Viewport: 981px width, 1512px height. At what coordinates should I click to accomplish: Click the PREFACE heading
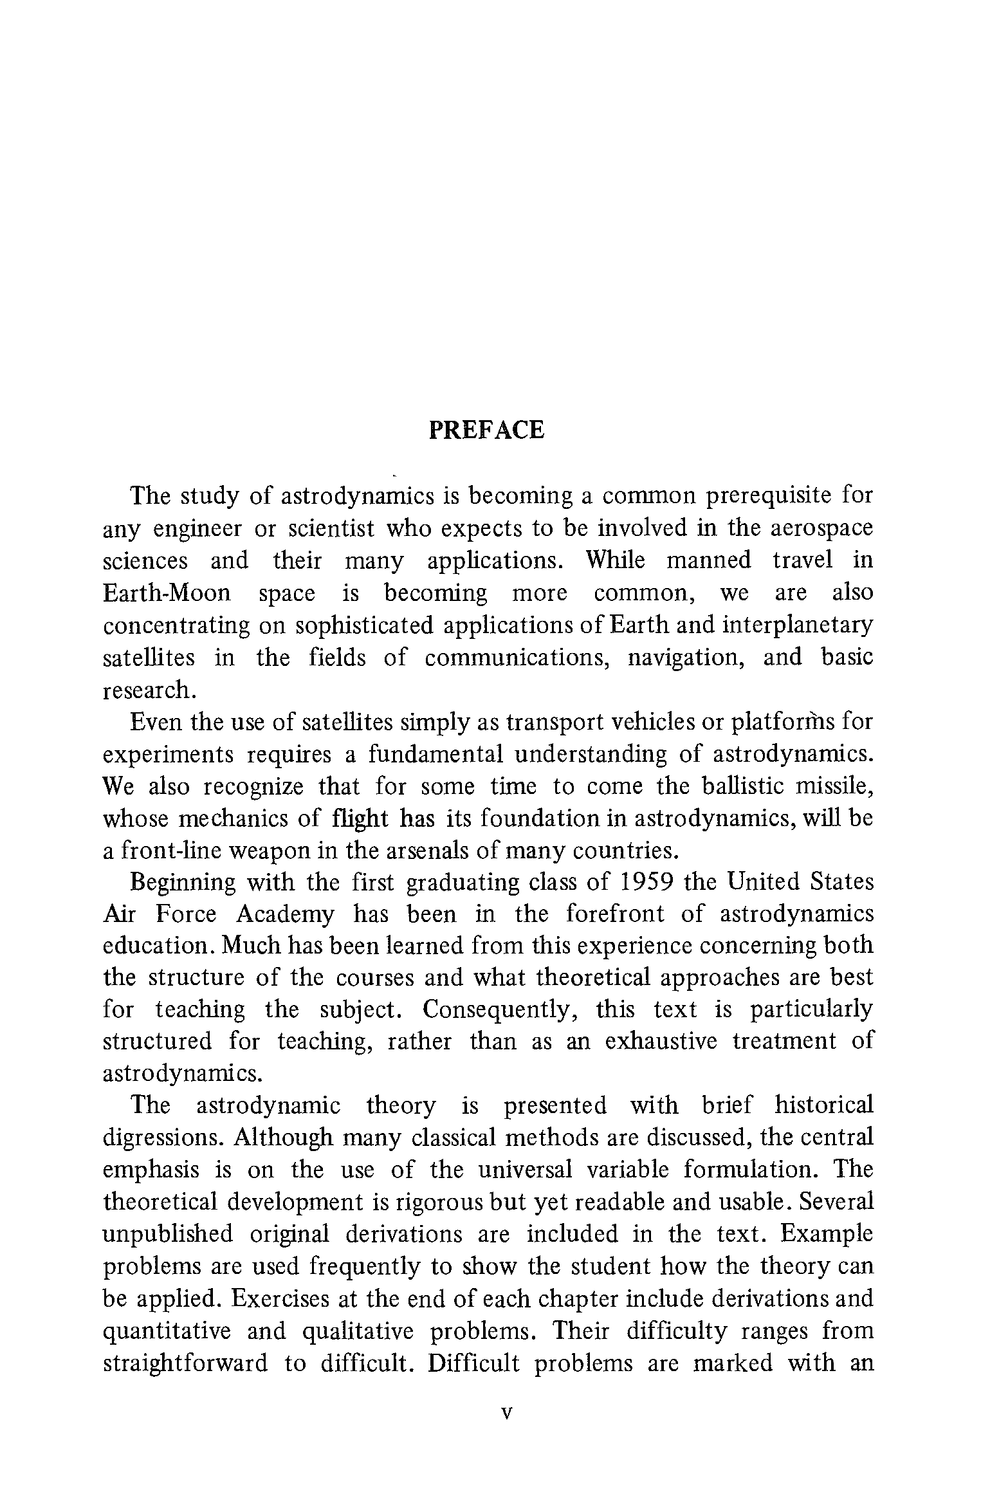point(486,430)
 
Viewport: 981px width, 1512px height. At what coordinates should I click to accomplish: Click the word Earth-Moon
point(167,593)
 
